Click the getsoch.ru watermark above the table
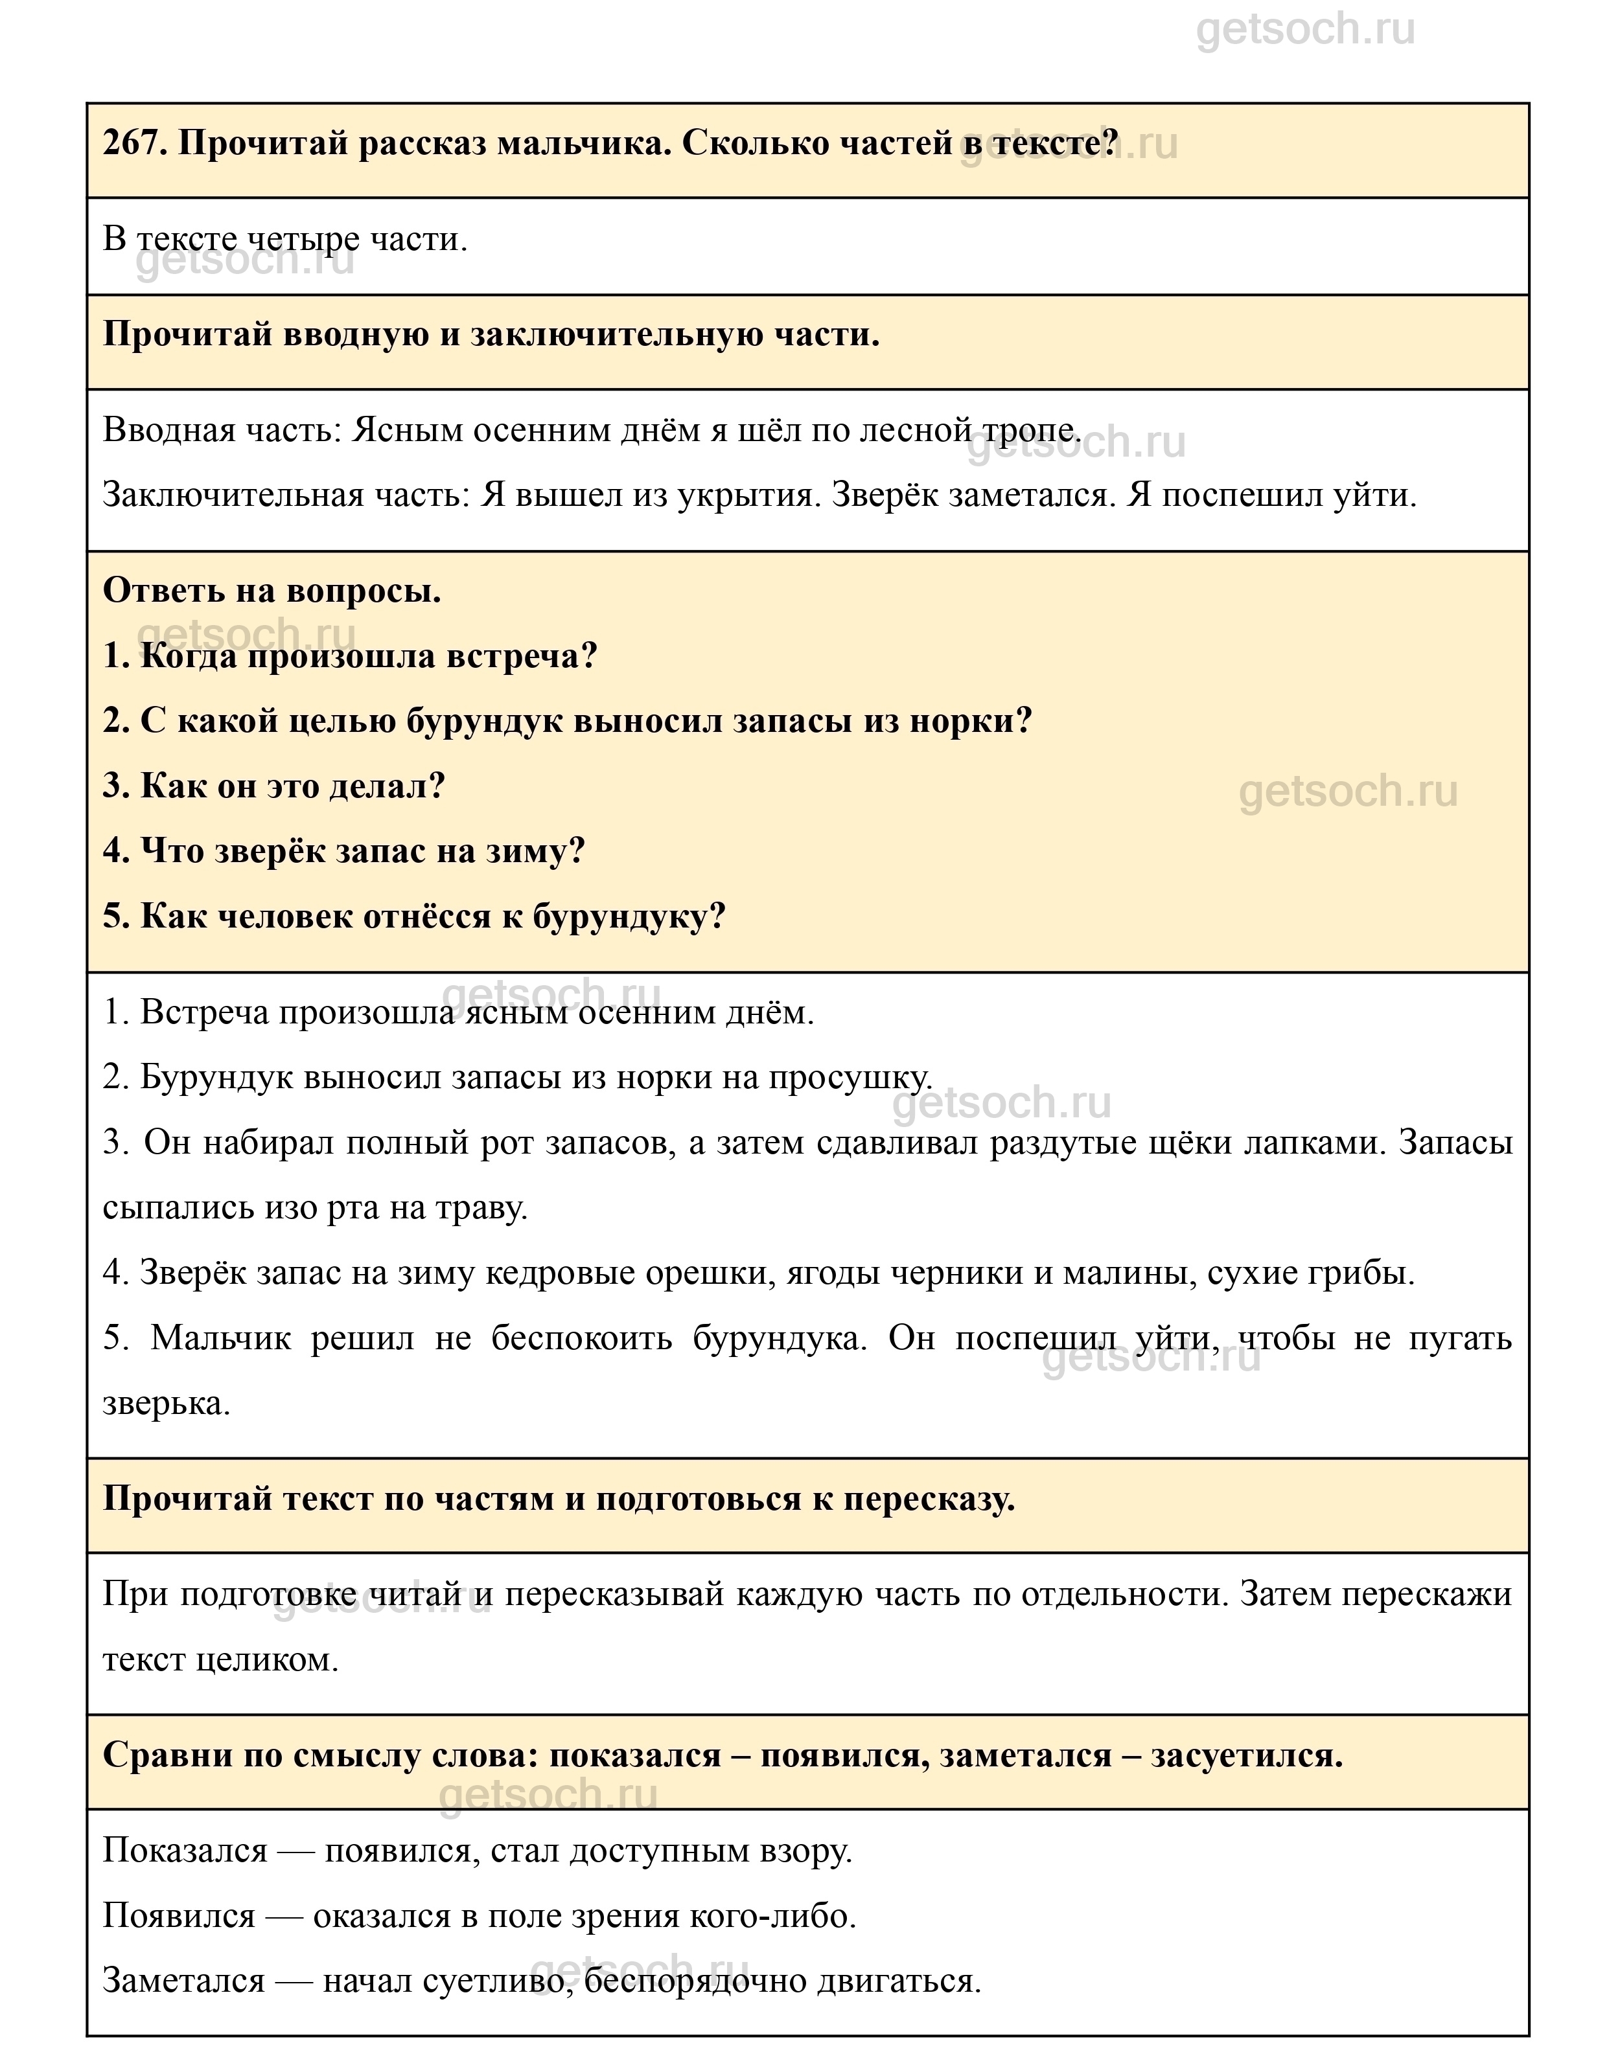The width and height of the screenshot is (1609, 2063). click(x=1305, y=30)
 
